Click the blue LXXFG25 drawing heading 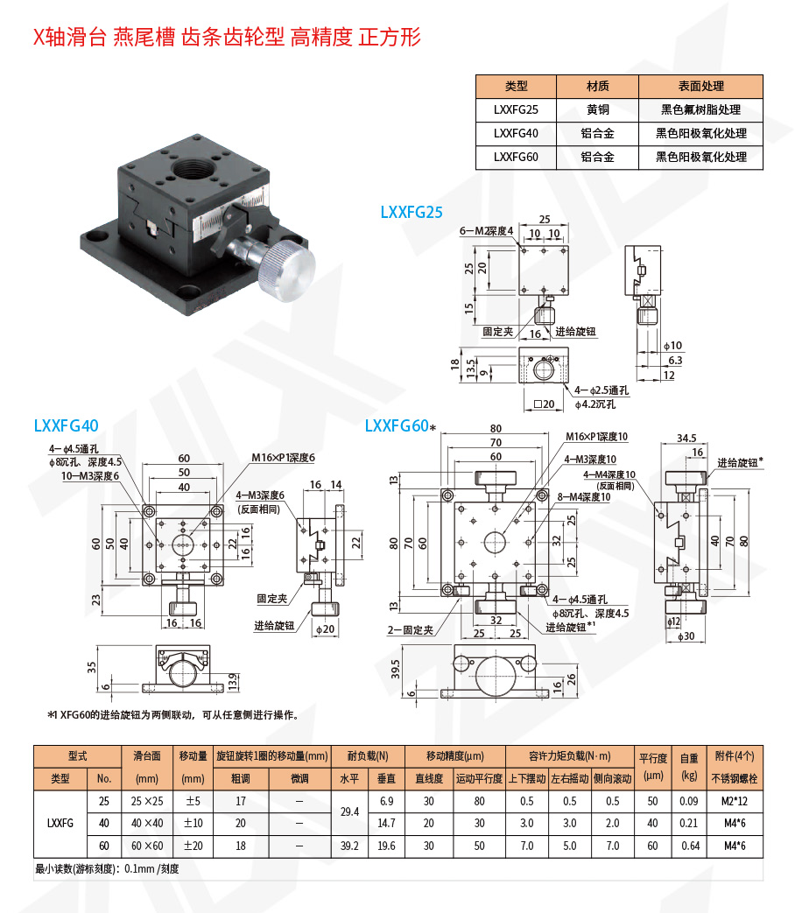[x=412, y=211]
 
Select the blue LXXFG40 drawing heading [x=66, y=425]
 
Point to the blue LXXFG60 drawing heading [x=397, y=425]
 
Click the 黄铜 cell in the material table [x=597, y=109]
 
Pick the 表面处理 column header [x=700, y=86]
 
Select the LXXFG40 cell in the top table [x=516, y=133]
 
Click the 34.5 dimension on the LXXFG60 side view [x=686, y=438]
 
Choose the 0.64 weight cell [x=689, y=846]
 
